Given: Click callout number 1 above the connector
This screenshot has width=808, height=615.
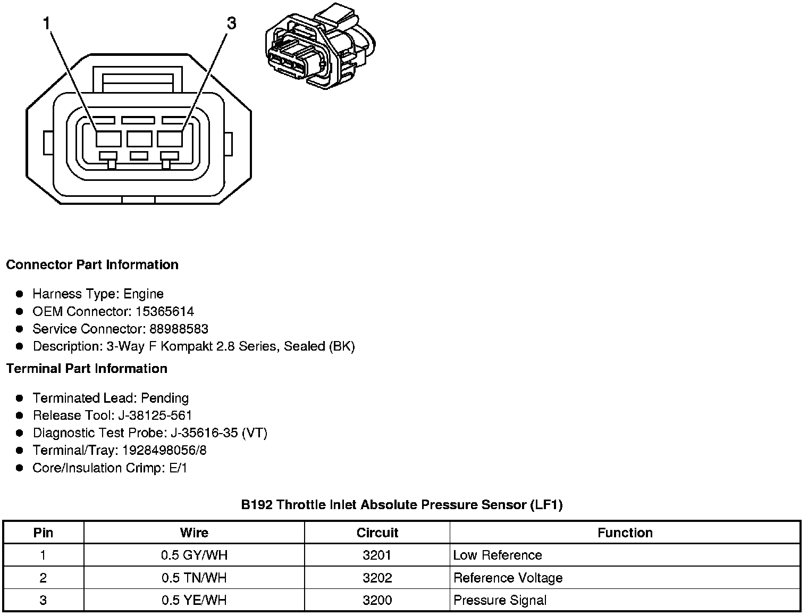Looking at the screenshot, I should pyautogui.click(x=47, y=24).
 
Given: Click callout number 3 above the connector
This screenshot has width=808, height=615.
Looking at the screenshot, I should pyautogui.click(x=231, y=24).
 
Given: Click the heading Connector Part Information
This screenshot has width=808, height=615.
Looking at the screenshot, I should pyautogui.click(x=92, y=265).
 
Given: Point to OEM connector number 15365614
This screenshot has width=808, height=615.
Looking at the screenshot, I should pyautogui.click(x=165, y=311).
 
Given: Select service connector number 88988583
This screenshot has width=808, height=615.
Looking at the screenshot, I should pyautogui.click(x=179, y=329).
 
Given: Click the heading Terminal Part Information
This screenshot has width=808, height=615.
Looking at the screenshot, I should pyautogui.click(x=87, y=369).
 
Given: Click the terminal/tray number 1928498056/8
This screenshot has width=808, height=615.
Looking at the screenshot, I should pyautogui.click(x=164, y=451).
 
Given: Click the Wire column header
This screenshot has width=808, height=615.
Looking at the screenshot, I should pyautogui.click(x=194, y=533).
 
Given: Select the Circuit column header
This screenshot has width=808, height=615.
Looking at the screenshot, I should pyautogui.click(x=377, y=533).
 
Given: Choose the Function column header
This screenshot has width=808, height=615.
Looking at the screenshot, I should pyautogui.click(x=625, y=533).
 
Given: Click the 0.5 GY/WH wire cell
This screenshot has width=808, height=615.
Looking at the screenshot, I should pyautogui.click(x=194, y=555).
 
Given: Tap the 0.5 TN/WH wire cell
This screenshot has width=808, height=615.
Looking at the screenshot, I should pyautogui.click(x=194, y=578).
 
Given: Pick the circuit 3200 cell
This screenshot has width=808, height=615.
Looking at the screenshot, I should pyautogui.click(x=377, y=601).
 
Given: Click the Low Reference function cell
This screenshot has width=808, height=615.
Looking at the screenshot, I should pyautogui.click(x=498, y=555).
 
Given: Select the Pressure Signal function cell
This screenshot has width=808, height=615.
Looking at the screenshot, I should pyautogui.click(x=500, y=601).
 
